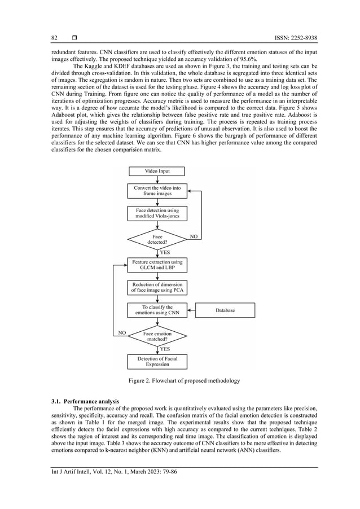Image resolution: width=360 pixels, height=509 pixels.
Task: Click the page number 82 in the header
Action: (x=55, y=38)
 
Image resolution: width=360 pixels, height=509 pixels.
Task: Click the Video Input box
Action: (x=157, y=170)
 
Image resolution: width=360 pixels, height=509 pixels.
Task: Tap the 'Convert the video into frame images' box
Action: (x=157, y=190)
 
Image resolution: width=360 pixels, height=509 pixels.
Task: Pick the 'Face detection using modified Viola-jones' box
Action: (x=157, y=214)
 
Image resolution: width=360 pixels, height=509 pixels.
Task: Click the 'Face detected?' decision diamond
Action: (x=157, y=239)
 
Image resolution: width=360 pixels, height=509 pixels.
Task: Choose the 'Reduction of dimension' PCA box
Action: (x=157, y=287)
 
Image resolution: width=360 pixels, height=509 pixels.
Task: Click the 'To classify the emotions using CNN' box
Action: (x=157, y=310)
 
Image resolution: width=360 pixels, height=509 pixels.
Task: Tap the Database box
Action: (x=225, y=310)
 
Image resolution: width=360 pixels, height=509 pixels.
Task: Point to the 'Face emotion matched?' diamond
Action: (x=157, y=336)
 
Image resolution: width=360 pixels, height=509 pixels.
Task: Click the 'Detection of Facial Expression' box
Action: (x=157, y=361)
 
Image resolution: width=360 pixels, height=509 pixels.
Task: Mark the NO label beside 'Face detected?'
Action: (x=193, y=236)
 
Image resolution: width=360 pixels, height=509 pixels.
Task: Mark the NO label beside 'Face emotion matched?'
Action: (x=121, y=333)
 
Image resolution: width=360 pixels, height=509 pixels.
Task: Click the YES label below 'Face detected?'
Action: (x=165, y=252)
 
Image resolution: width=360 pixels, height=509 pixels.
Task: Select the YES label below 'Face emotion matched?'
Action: (x=165, y=349)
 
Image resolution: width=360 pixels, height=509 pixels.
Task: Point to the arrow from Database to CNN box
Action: (x=191, y=310)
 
